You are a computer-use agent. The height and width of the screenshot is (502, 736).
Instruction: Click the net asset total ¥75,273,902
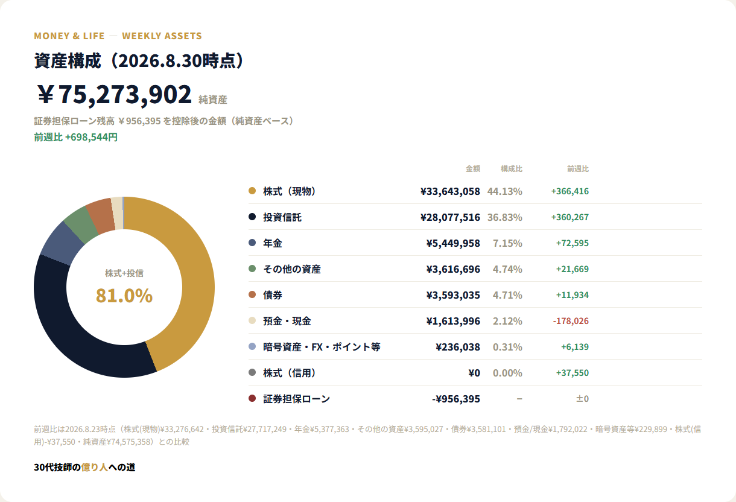click(114, 94)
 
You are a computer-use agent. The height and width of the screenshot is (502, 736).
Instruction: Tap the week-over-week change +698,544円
click(91, 137)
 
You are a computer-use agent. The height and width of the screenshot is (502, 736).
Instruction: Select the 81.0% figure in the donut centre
click(124, 296)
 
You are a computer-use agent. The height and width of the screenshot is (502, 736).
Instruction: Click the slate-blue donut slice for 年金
click(59, 245)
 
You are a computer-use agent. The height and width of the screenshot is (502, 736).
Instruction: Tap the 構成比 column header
click(511, 169)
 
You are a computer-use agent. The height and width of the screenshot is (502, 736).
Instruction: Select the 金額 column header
click(473, 169)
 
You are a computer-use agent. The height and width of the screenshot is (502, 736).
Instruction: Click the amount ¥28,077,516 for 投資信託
click(450, 217)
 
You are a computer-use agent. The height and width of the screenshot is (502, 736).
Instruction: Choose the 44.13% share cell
click(505, 191)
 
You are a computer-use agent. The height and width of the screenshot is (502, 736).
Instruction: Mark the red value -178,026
click(571, 321)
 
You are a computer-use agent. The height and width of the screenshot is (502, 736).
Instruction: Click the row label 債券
click(273, 295)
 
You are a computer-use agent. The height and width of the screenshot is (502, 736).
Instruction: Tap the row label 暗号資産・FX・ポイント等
click(322, 347)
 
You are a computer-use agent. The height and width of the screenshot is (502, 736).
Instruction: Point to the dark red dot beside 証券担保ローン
click(252, 398)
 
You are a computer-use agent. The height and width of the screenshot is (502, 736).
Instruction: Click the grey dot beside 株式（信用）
click(252, 372)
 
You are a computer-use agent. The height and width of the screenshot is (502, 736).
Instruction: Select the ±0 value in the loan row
click(582, 399)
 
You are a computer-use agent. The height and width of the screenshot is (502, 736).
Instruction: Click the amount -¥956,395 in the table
click(456, 399)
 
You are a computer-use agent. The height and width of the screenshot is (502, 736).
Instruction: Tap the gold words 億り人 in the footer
click(94, 467)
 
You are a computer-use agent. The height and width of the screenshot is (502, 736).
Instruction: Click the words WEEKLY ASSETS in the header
click(162, 36)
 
